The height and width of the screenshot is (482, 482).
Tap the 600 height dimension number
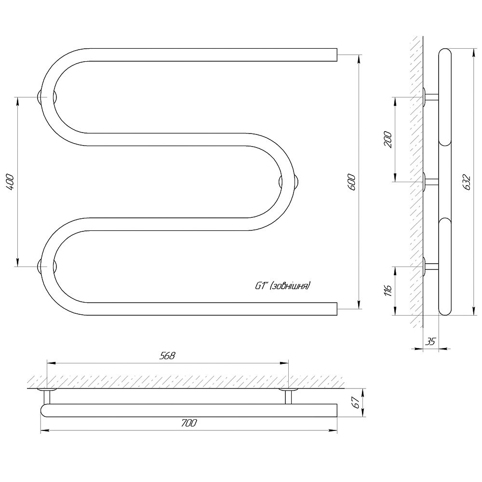[352, 182]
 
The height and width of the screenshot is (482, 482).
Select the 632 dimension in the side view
[467, 182]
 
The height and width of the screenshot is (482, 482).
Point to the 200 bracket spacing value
[388, 140]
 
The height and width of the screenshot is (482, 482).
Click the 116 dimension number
[388, 291]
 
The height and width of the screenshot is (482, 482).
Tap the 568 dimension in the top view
[167, 356]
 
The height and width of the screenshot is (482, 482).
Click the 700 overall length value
[189, 423]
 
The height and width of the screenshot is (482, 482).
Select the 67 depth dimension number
[357, 402]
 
